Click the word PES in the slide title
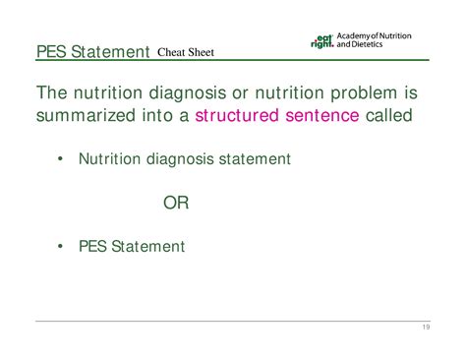click(50, 51)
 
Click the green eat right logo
click(320, 41)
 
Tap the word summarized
click(87, 117)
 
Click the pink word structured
click(239, 117)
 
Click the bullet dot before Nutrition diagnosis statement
click(61, 158)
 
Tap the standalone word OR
click(175, 203)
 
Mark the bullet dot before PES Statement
click(61, 246)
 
